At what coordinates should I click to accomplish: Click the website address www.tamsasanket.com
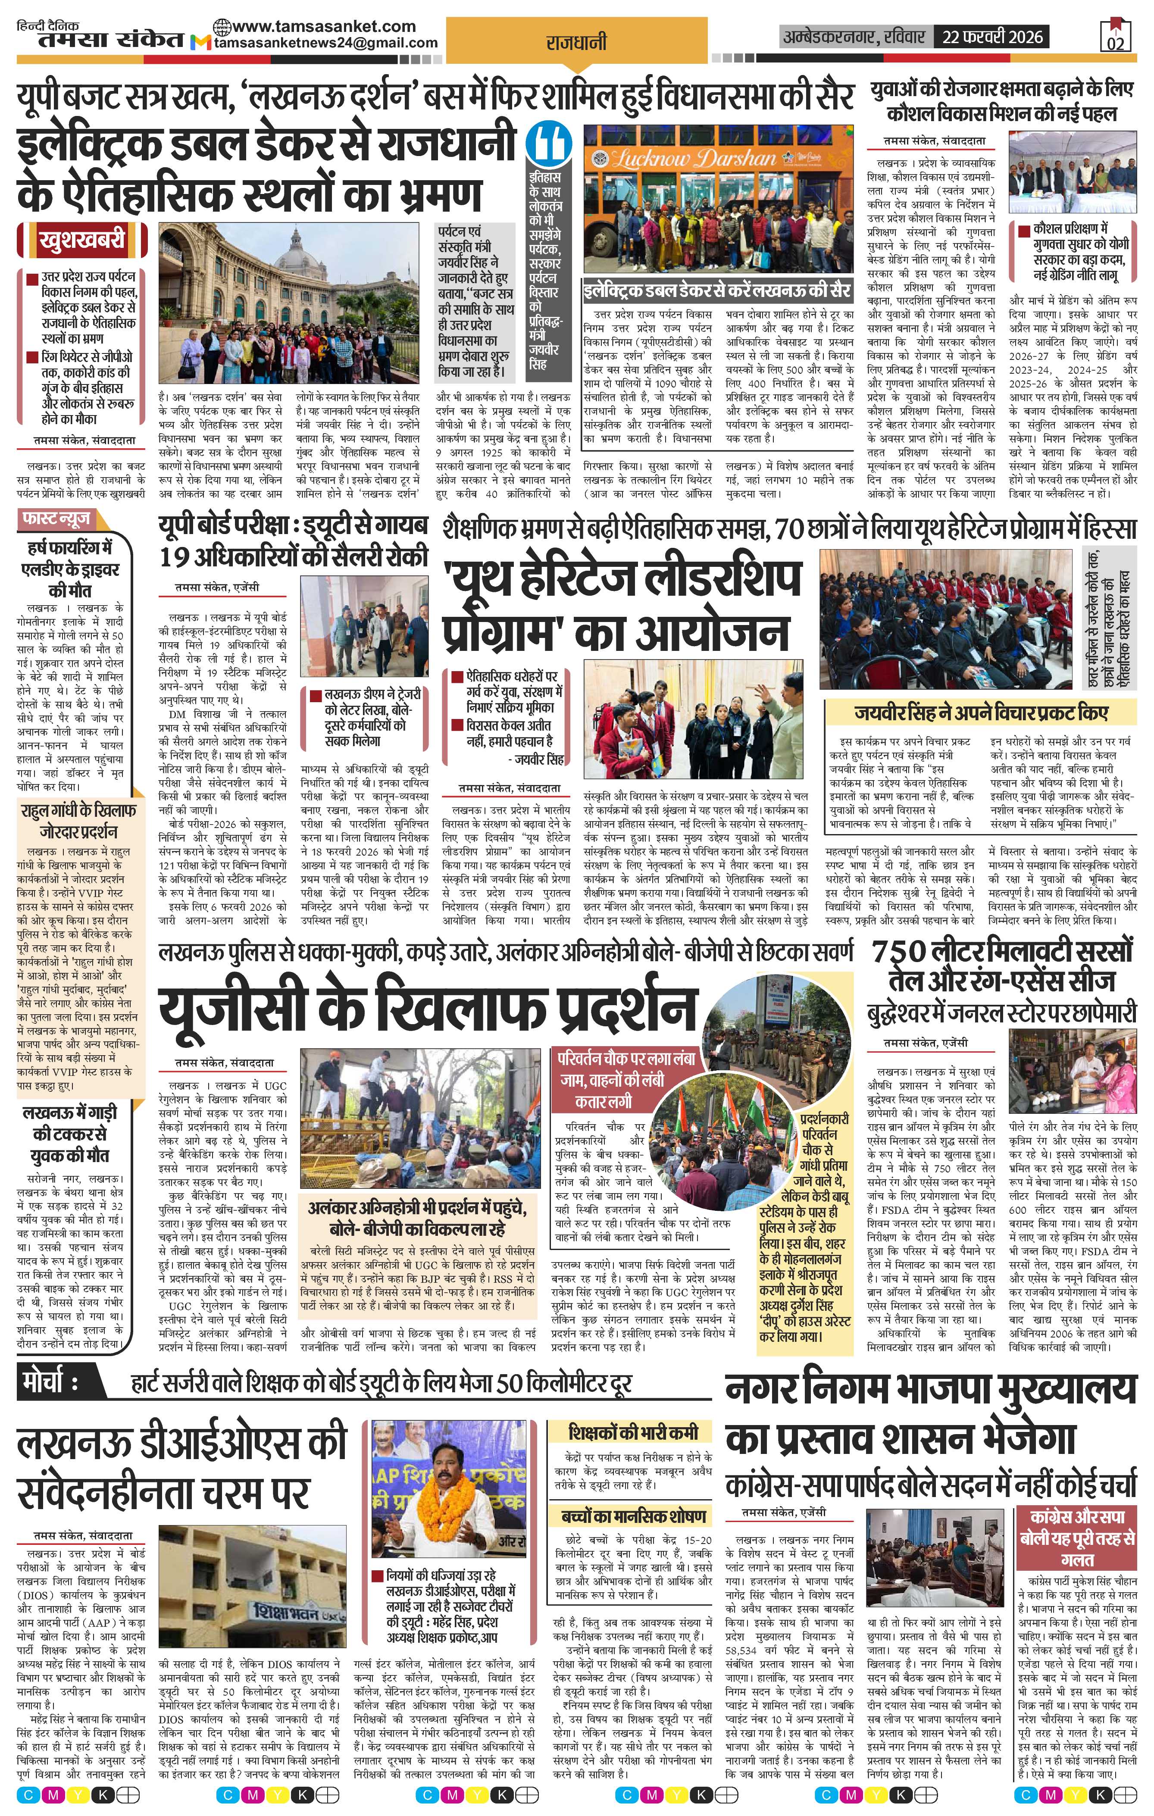click(324, 25)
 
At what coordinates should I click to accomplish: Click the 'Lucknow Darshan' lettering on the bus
click(694, 158)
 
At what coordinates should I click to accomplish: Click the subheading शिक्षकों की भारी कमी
click(634, 1432)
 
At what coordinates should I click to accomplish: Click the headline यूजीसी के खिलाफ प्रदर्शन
click(427, 1010)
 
